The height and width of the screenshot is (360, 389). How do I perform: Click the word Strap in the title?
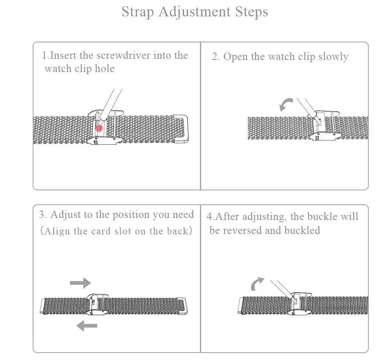(138, 12)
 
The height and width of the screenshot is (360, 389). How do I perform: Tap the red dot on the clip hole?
(99, 128)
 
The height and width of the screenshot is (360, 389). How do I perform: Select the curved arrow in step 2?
(286, 104)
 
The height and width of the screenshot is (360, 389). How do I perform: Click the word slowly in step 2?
(333, 57)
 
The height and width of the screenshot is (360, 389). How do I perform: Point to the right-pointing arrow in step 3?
(80, 283)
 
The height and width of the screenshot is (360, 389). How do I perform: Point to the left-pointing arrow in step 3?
(86, 325)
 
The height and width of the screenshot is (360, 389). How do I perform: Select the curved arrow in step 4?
(257, 284)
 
